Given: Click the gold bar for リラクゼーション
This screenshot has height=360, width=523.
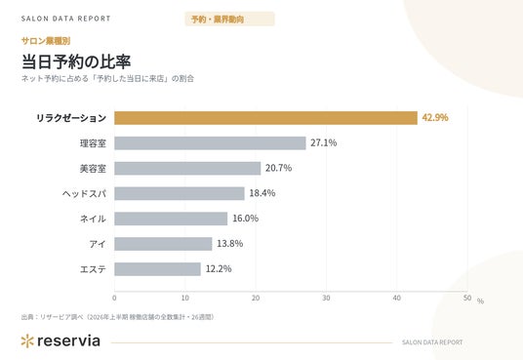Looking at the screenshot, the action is click(x=265, y=118).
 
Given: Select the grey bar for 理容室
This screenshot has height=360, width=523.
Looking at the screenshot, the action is click(x=210, y=143).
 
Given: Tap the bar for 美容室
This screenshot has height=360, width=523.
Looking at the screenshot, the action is click(x=187, y=168).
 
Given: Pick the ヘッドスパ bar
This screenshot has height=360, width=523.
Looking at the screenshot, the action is click(x=180, y=193).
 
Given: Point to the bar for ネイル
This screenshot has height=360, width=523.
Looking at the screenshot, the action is click(x=171, y=219).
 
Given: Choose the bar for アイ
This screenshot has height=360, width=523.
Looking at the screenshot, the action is click(x=163, y=244).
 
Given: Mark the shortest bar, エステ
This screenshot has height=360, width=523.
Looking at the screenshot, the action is click(x=157, y=269).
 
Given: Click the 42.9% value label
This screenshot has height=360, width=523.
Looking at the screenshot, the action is click(x=435, y=117).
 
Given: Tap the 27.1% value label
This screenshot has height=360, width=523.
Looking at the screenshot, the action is click(x=324, y=142).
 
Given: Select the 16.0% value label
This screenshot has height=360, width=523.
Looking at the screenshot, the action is click(x=246, y=219).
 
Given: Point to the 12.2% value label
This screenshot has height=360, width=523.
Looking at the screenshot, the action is click(x=219, y=268).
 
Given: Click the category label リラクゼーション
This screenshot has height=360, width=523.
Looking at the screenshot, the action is click(x=71, y=118).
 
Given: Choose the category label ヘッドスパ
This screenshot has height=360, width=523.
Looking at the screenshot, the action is click(x=84, y=193).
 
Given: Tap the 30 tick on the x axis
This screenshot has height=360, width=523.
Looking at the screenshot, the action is click(x=326, y=298).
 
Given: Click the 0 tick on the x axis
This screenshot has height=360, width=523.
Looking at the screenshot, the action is click(x=114, y=298).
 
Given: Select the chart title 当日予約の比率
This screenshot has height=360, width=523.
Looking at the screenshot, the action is click(x=76, y=61).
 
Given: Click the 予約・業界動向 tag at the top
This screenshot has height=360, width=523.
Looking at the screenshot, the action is click(x=230, y=19).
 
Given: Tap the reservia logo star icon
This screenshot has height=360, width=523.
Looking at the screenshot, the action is click(x=27, y=341).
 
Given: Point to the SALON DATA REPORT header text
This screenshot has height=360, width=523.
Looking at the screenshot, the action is click(x=65, y=19).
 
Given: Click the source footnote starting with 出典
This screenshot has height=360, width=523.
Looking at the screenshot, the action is click(x=117, y=317).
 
